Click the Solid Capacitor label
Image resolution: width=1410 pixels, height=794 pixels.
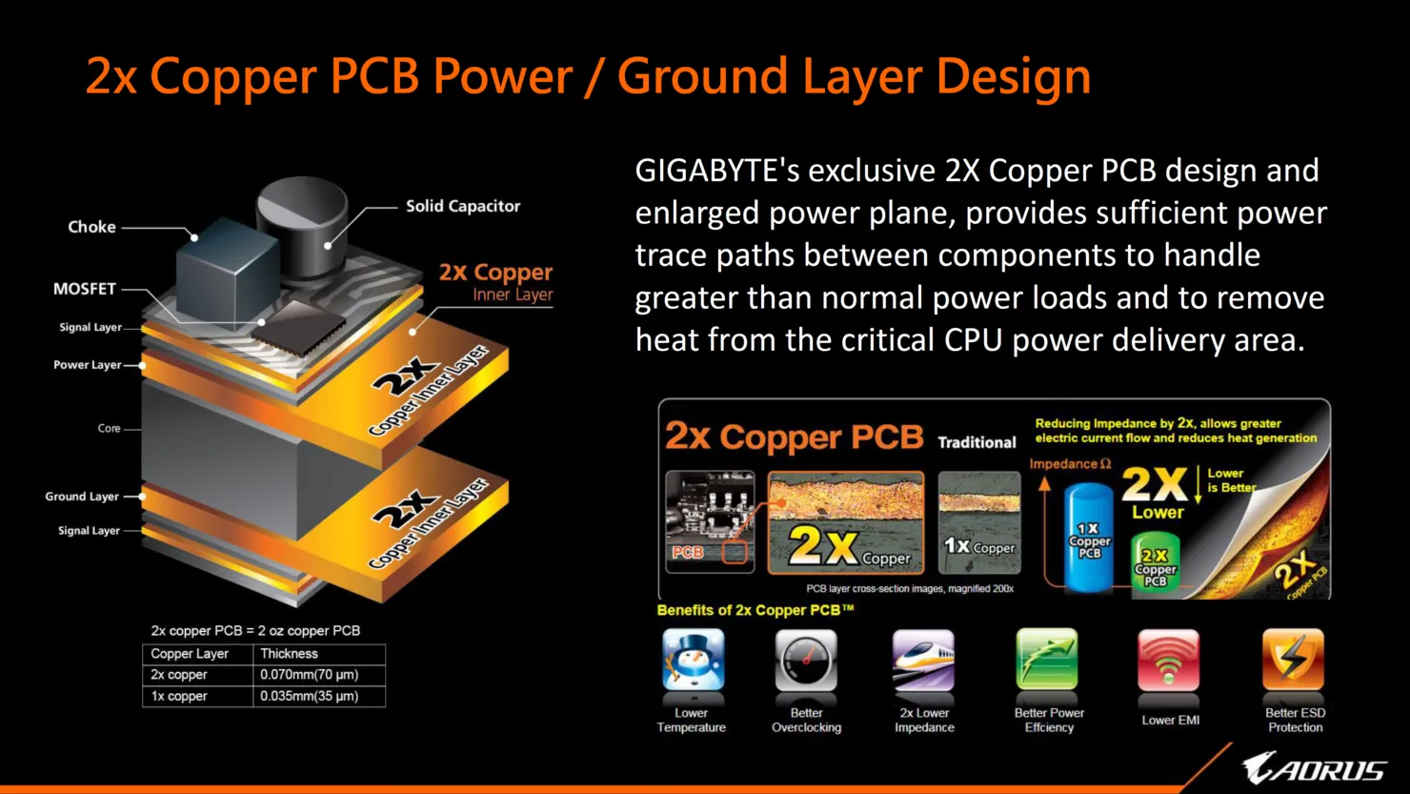point(463,206)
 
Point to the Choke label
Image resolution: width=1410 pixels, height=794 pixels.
point(91,227)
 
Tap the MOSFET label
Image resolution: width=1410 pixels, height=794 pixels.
point(85,289)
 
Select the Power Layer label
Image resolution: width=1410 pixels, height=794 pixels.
point(87,364)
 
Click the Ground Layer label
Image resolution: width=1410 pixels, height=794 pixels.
point(82,497)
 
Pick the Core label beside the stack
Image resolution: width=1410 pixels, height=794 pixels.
point(109,428)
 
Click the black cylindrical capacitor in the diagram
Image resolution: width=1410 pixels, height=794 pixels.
point(302,227)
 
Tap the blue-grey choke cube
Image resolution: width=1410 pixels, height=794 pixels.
point(228,274)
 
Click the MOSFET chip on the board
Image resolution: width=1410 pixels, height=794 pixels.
point(299,328)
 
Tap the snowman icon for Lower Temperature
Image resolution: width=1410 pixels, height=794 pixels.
point(693,659)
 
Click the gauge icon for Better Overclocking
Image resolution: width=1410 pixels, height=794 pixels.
point(806,660)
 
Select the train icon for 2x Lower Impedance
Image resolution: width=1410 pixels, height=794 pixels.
point(923,660)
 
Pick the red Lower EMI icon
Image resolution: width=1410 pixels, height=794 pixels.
point(1168,660)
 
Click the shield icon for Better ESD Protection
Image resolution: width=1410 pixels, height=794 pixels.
point(1293,659)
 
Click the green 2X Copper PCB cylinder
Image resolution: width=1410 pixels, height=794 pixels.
point(1155,561)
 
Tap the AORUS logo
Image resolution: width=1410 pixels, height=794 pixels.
point(1315,768)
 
